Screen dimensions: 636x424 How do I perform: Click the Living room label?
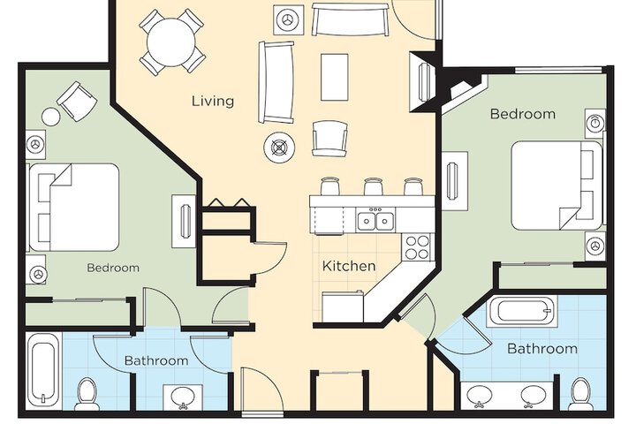coord(213,101)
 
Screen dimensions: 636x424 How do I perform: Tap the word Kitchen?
coord(349,266)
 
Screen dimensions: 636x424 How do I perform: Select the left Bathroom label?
coord(156,360)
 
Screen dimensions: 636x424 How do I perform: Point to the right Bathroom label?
coord(542,349)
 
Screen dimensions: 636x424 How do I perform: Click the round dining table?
coord(171,42)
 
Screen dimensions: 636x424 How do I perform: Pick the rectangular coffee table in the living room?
coord(334,77)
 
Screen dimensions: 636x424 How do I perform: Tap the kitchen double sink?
coord(375,220)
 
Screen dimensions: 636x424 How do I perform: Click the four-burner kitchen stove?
coord(417,247)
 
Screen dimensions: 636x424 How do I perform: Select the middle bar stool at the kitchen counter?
coord(372,186)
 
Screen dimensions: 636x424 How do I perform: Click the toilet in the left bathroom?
coord(87,394)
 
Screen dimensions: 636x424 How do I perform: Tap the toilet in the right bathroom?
coord(580,394)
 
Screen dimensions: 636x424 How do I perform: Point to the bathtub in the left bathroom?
coord(42,369)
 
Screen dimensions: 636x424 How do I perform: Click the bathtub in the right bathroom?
coord(522,311)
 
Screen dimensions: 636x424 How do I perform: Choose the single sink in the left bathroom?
coord(183,397)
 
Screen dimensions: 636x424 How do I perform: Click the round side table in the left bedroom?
coord(50,117)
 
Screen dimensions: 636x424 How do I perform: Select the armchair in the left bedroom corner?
coord(77,101)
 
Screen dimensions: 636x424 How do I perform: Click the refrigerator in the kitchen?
coord(343,306)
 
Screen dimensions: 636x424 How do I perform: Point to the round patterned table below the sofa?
coord(279,147)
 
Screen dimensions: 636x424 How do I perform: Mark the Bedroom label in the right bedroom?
coord(523,114)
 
